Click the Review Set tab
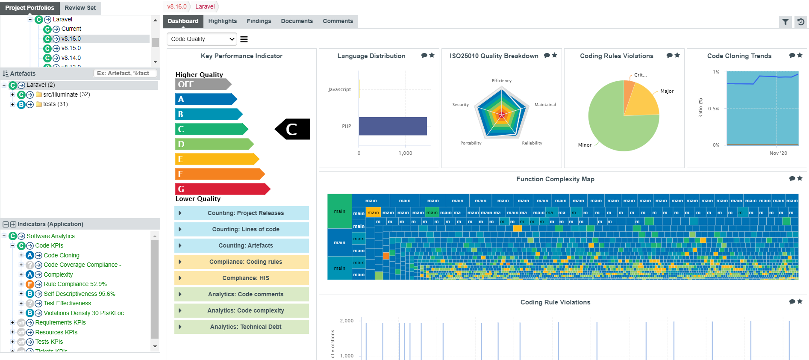[80, 8]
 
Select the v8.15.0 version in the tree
[71, 48]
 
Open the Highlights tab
[222, 21]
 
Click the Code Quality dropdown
[202, 39]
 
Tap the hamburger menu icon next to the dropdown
[244, 39]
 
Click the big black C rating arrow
[293, 129]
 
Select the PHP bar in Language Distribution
[392, 126]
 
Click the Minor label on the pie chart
[585, 145]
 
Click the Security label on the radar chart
[460, 105]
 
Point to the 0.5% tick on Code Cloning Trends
[713, 109]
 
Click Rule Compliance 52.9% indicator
[75, 284]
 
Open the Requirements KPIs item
[60, 322]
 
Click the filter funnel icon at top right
[785, 22]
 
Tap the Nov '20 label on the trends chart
[778, 153]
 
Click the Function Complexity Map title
[555, 179]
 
